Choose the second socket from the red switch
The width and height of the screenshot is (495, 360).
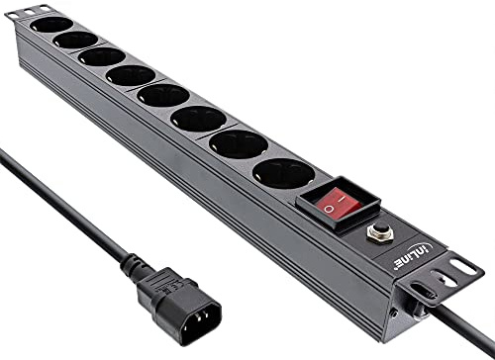pyautogui.click(x=238, y=146)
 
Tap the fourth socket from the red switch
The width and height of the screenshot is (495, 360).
pyautogui.click(x=162, y=97)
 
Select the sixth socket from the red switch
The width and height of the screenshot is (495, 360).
pyautogui.click(x=102, y=56)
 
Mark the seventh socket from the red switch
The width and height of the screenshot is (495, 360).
pyautogui.click(x=75, y=40)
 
